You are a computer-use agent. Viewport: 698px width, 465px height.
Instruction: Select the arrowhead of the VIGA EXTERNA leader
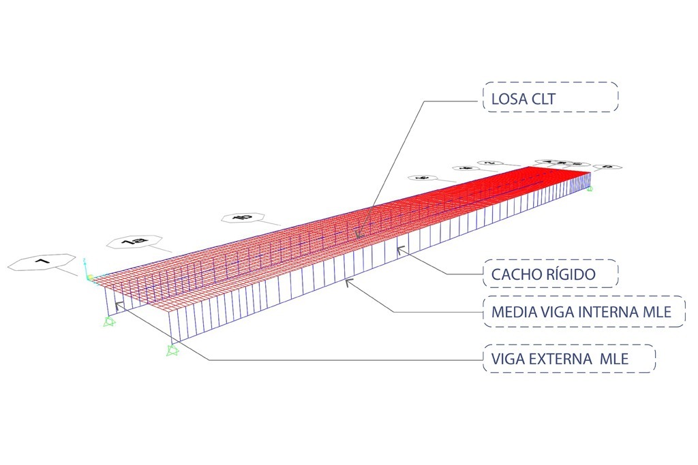tap(117, 305)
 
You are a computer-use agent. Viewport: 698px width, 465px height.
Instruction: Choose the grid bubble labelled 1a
tap(134, 242)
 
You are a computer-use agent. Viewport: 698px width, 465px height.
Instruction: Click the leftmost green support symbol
tap(108, 321)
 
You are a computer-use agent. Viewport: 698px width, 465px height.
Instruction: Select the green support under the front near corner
tap(172, 350)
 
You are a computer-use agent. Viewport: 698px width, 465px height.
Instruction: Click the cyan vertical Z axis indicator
tap(85, 267)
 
